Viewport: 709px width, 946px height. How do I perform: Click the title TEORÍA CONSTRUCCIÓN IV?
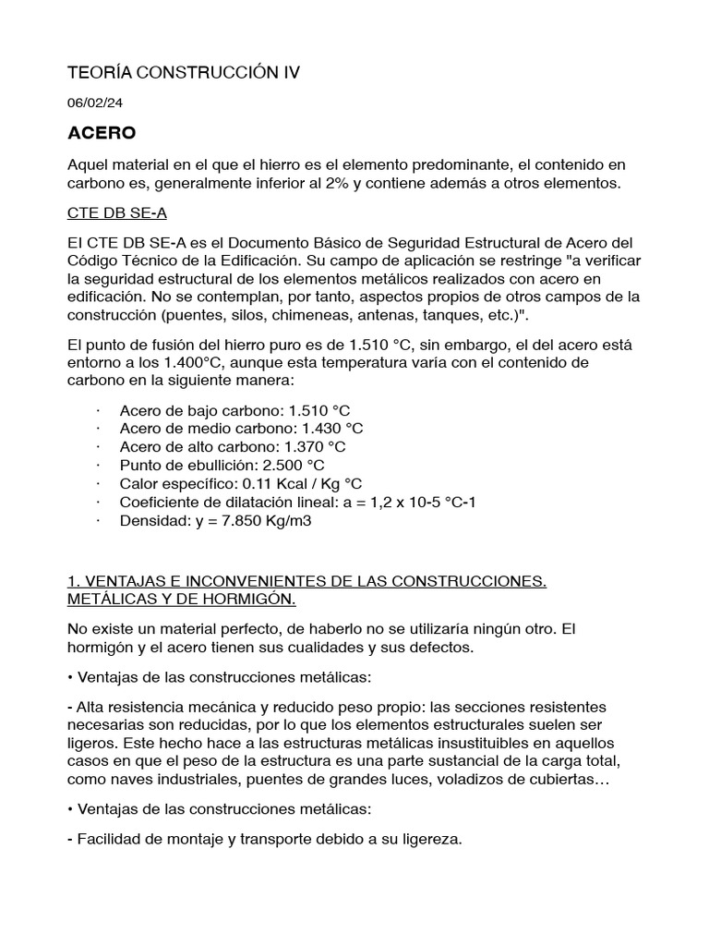pos(185,72)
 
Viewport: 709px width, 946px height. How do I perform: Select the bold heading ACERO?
pos(102,134)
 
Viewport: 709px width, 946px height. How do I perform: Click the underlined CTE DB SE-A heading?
pos(117,213)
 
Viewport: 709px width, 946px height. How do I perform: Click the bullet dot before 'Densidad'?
pos(98,520)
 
